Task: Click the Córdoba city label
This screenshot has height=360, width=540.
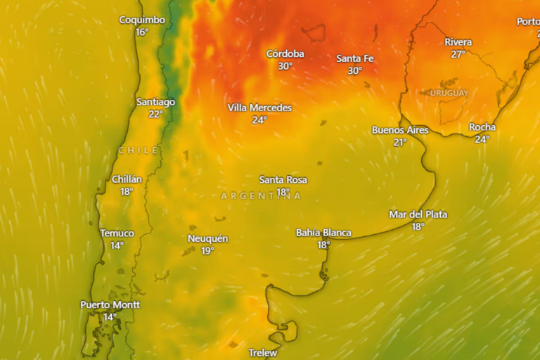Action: click(x=285, y=54)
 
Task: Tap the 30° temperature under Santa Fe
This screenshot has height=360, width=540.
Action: click(x=354, y=71)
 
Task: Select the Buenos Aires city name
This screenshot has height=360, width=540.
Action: click(x=400, y=130)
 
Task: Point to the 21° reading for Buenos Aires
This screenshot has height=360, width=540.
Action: click(x=400, y=142)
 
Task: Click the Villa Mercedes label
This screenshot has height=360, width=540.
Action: click(x=259, y=108)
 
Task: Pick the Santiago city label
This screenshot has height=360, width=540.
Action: click(x=155, y=102)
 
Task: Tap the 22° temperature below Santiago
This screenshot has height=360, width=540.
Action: click(x=155, y=114)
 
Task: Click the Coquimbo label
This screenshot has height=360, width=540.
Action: click(x=142, y=20)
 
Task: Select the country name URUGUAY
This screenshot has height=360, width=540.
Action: click(x=449, y=93)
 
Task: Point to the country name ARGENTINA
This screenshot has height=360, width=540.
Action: click(x=261, y=196)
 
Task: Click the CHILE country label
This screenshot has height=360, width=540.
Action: click(x=139, y=150)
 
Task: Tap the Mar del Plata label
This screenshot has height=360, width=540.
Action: click(x=418, y=214)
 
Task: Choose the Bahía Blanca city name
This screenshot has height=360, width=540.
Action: click(x=323, y=233)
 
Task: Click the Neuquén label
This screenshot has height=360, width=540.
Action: click(x=207, y=239)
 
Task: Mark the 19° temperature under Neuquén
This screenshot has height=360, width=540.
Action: click(x=207, y=251)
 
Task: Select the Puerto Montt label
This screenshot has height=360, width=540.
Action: click(x=110, y=304)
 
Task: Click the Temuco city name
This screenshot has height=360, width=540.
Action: click(x=117, y=233)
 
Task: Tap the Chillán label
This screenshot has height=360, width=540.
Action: click(x=127, y=179)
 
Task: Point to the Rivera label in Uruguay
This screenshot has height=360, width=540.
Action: click(x=458, y=42)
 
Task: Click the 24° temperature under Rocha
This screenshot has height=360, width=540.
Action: click(x=482, y=139)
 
